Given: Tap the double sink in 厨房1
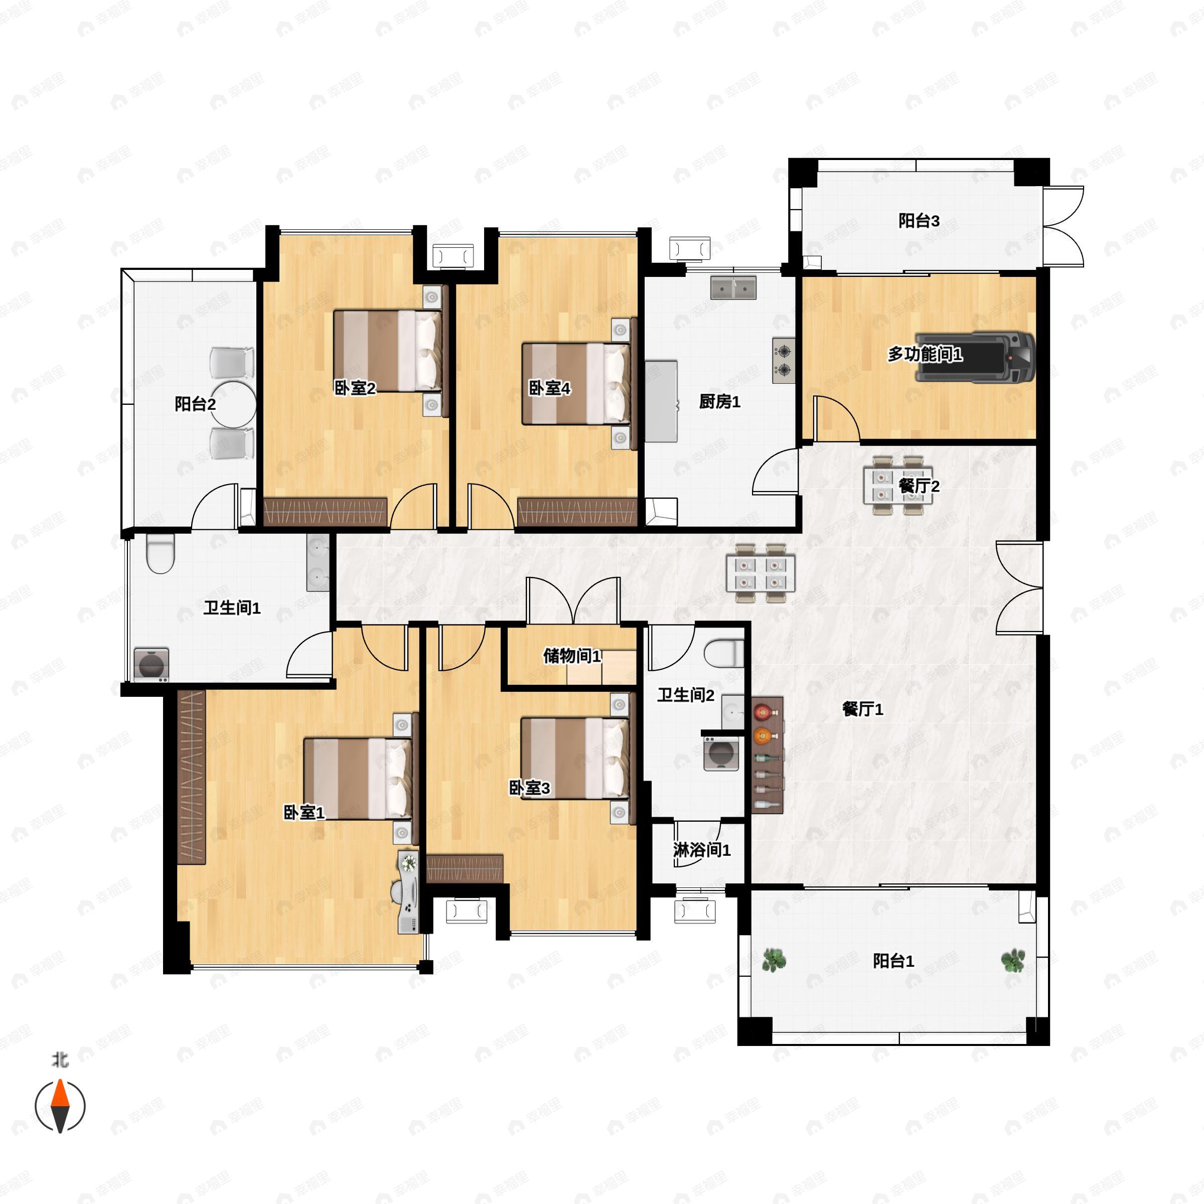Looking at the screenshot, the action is tap(733, 288).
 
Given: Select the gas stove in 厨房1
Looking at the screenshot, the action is tap(783, 360).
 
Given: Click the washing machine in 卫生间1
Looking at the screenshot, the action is tap(152, 664).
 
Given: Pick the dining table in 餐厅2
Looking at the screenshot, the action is tap(897, 486).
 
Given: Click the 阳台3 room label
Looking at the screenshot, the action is tap(919, 221).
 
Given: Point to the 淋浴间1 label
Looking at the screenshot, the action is tap(702, 850).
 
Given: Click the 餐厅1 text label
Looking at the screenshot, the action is tap(862, 709).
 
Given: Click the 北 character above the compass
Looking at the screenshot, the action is tap(60, 1060).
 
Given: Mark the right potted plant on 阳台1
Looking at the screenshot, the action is tap(1013, 960).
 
